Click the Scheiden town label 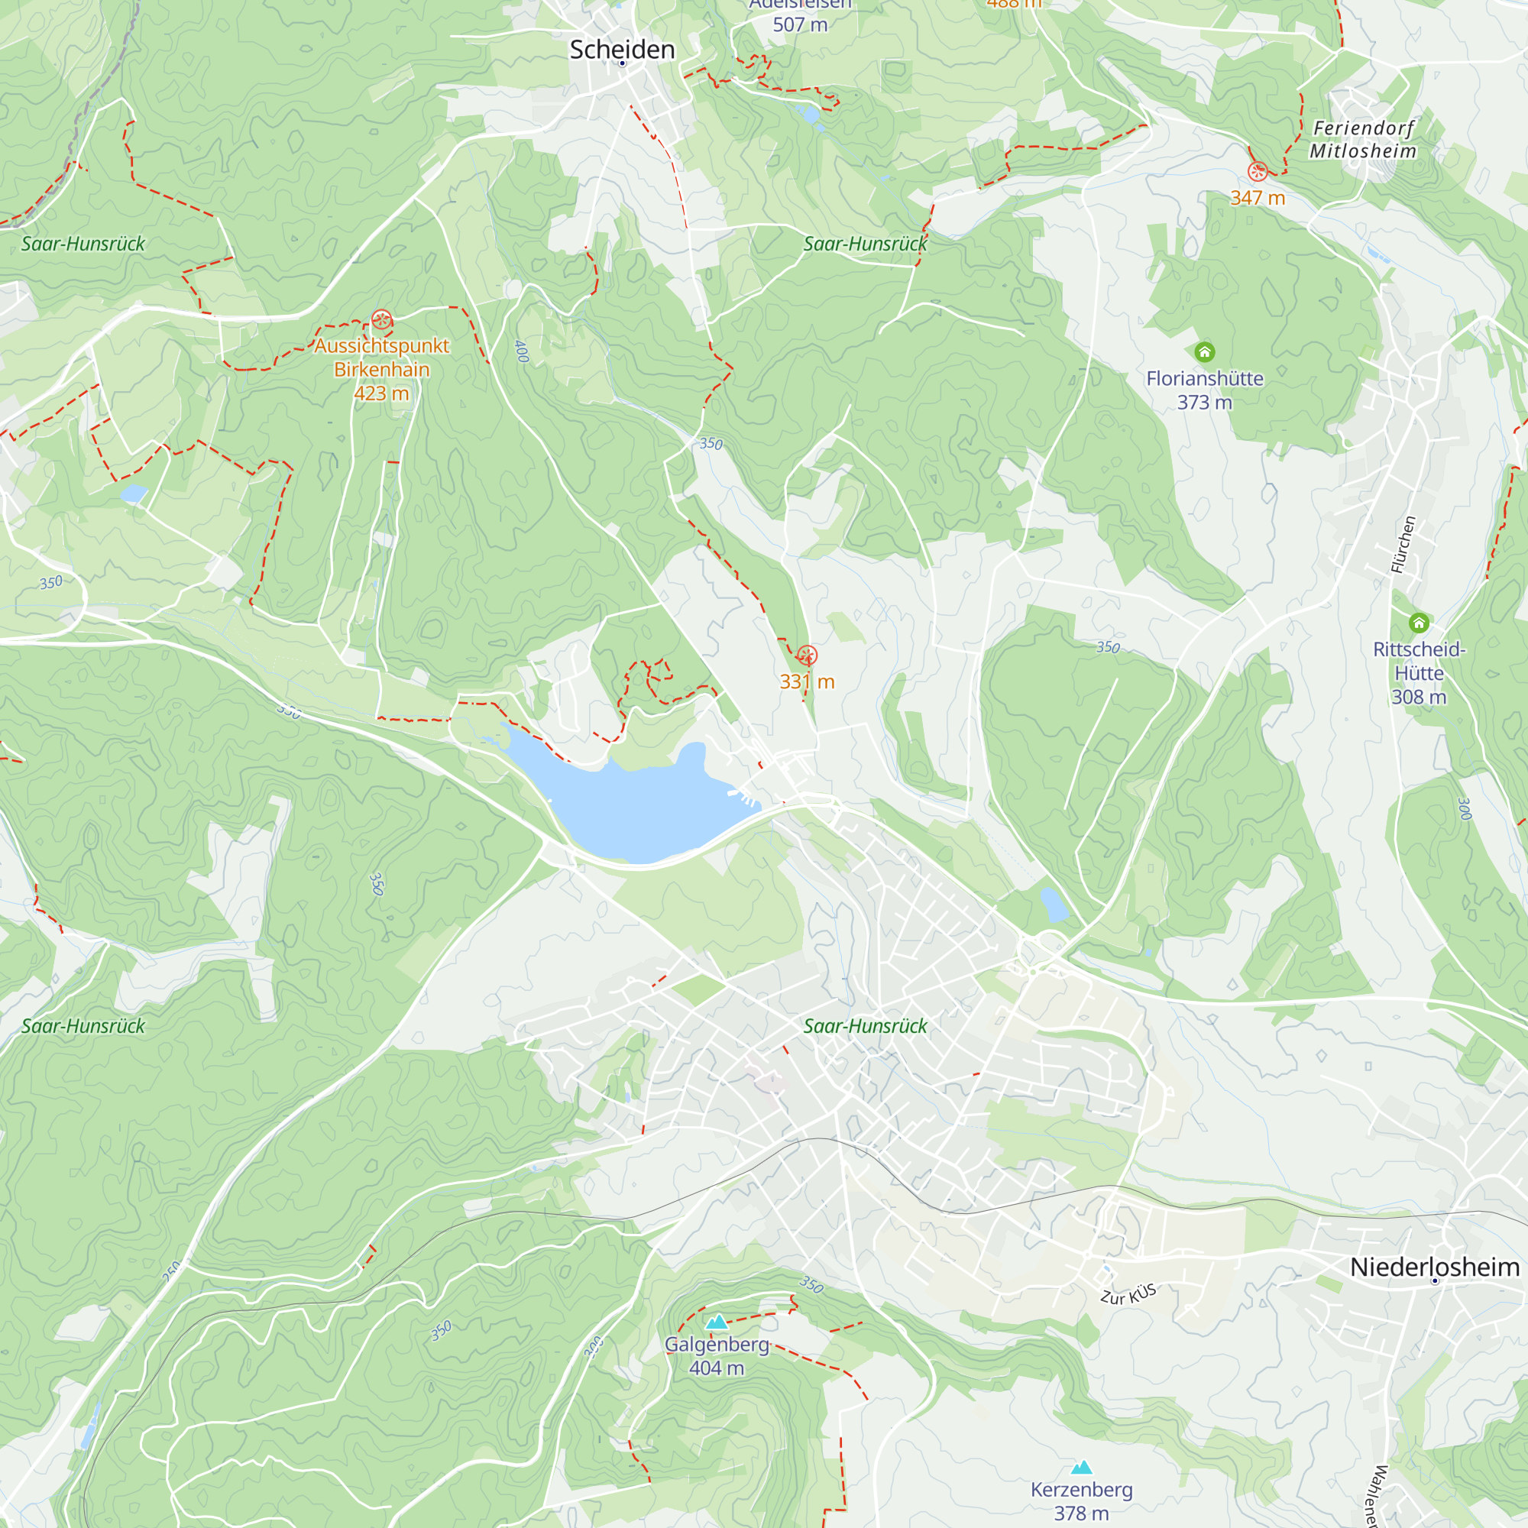pyautogui.click(x=622, y=50)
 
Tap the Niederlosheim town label pyautogui.click(x=1434, y=1266)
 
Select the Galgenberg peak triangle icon pyautogui.click(x=717, y=1322)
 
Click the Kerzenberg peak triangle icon pyautogui.click(x=1081, y=1468)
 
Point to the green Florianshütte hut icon pyautogui.click(x=1204, y=352)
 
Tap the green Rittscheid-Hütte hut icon pyautogui.click(x=1419, y=623)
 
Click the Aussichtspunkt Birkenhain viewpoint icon pyautogui.click(x=381, y=320)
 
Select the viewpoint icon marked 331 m pyautogui.click(x=807, y=656)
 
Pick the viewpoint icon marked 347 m pyautogui.click(x=1258, y=172)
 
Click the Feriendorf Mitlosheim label pyautogui.click(x=1363, y=139)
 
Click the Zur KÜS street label pyautogui.click(x=1128, y=1295)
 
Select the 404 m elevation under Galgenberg pyautogui.click(x=717, y=1368)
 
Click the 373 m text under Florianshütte pyautogui.click(x=1204, y=403)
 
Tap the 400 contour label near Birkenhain pyautogui.click(x=521, y=351)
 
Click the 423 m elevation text pyautogui.click(x=381, y=393)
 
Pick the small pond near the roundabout pyautogui.click(x=1054, y=905)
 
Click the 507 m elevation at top pyautogui.click(x=800, y=24)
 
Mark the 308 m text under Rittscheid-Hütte pyautogui.click(x=1419, y=697)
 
